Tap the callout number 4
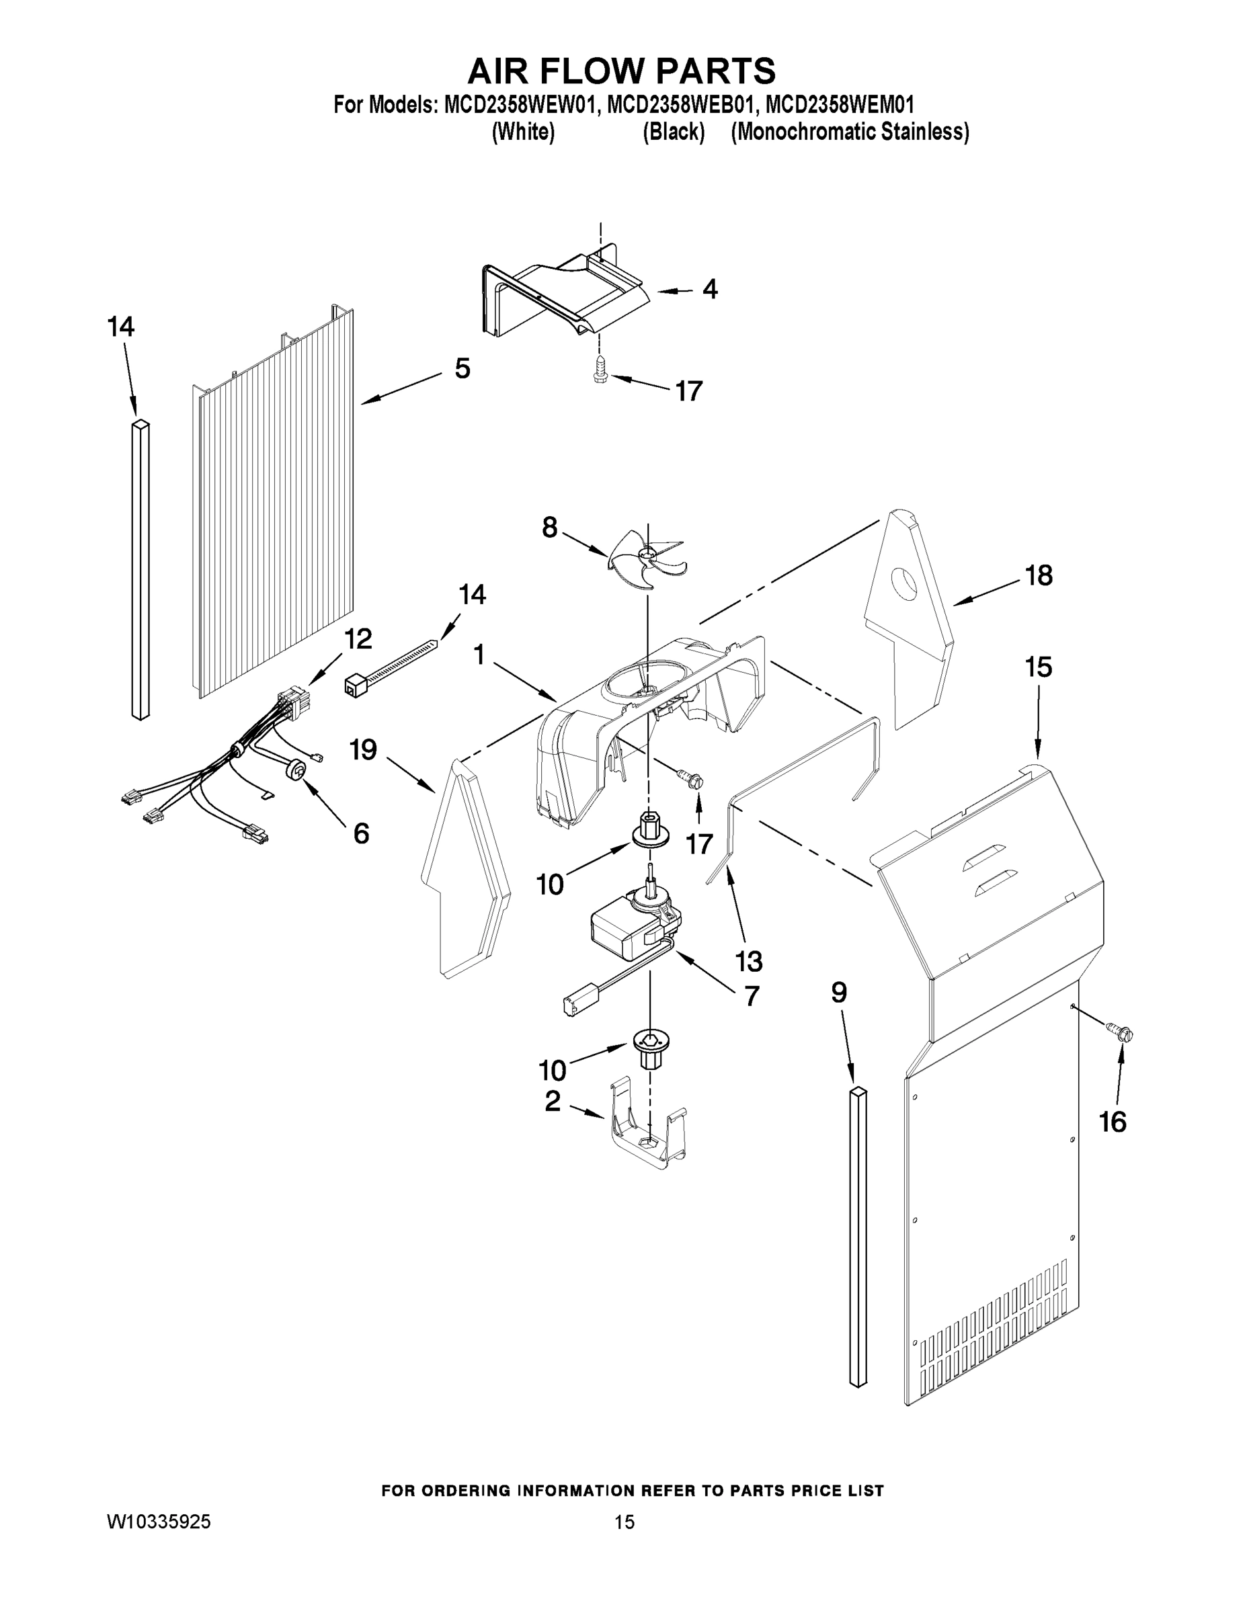tap(709, 290)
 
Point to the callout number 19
tap(364, 750)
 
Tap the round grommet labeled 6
tap(298, 772)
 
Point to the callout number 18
tap(1039, 575)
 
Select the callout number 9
tap(838, 993)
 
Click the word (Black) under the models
tap(673, 132)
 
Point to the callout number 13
tap(748, 961)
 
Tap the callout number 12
tap(358, 639)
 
